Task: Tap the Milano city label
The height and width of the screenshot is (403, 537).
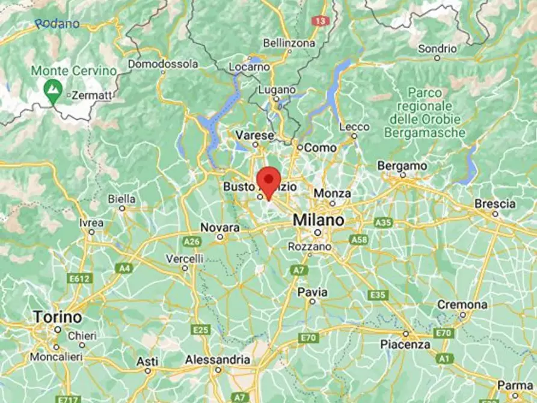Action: click(x=319, y=220)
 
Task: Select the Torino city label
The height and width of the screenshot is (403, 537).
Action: click(x=58, y=316)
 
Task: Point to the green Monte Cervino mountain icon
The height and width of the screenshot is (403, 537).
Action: click(x=53, y=90)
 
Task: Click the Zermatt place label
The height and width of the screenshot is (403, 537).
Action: click(x=91, y=94)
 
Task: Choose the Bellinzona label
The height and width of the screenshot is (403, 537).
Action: click(x=289, y=43)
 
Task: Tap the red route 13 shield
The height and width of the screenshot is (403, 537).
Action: click(x=321, y=20)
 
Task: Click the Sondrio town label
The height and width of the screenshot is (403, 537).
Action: click(x=438, y=48)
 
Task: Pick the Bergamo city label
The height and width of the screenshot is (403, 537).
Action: click(x=402, y=165)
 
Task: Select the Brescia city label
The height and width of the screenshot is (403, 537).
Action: click(x=495, y=204)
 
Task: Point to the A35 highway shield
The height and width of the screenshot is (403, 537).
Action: click(x=383, y=223)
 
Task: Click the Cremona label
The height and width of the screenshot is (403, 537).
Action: click(x=462, y=305)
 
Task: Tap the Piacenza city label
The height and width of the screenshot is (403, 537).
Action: click(x=405, y=345)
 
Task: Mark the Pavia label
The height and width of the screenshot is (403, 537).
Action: click(x=313, y=292)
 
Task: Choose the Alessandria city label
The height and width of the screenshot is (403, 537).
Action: click(x=218, y=359)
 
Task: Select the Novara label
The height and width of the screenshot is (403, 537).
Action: click(x=219, y=228)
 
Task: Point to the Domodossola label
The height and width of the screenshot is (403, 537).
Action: click(x=163, y=63)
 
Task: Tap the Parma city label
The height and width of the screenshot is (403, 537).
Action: click(x=515, y=385)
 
